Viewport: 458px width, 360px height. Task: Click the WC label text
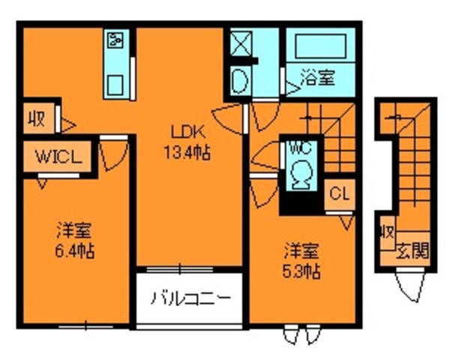click(300, 148)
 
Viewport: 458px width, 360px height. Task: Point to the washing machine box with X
click(241, 43)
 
